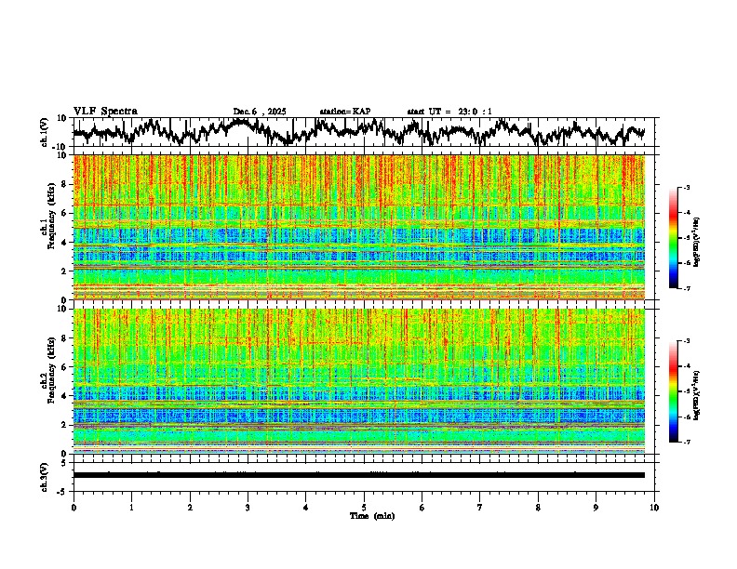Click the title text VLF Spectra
(105, 111)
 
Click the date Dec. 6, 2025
(260, 112)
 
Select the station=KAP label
(345, 112)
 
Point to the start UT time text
(449, 112)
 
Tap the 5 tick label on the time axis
(364, 508)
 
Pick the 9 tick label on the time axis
(596, 508)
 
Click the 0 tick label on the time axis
(74, 508)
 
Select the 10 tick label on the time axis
(654, 508)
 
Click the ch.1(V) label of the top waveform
(46, 132)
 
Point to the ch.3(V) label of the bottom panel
(46, 474)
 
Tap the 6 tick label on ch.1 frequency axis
(65, 213)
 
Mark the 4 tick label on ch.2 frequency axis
(65, 395)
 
